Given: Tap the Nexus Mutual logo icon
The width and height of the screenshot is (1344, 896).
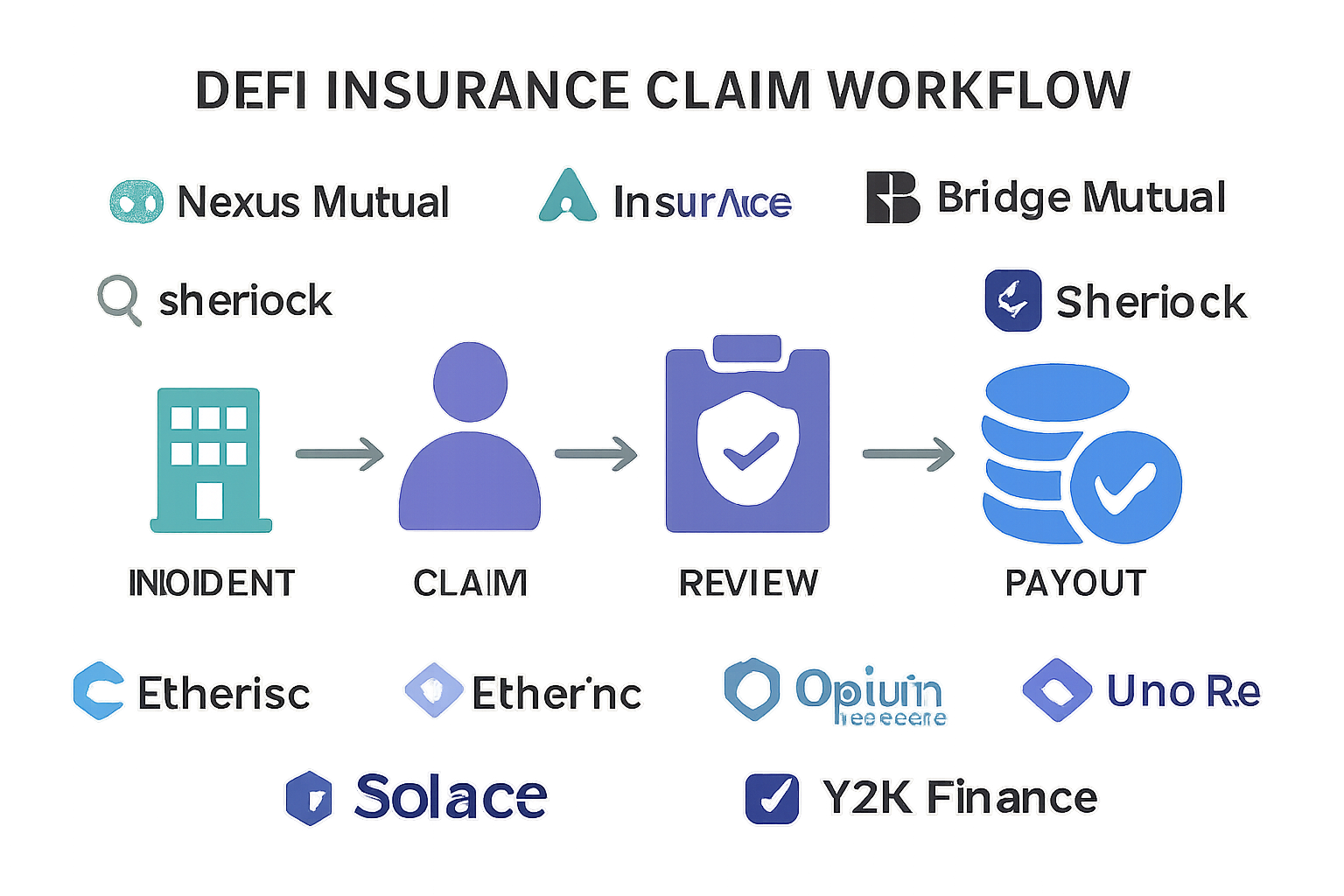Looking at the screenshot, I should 136,200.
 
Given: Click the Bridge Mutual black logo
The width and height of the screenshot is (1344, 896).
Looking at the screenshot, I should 892,198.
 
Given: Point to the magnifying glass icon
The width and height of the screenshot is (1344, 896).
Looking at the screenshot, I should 118,298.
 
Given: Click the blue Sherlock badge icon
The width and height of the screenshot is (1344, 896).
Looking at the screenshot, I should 1012,301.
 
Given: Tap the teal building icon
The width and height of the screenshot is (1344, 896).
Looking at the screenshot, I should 210,460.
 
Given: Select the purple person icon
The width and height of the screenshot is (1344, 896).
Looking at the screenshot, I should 471,437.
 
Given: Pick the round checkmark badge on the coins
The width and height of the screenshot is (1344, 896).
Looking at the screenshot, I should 1126,487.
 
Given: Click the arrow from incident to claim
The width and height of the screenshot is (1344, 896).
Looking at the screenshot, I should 339,454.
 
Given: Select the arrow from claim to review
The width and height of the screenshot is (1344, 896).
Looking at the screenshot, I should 596,454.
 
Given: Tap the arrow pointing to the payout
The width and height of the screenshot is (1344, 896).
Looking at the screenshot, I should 908,454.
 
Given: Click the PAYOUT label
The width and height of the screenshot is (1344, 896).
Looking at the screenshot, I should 1075,583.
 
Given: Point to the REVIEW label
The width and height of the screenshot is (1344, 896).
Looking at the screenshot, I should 749,583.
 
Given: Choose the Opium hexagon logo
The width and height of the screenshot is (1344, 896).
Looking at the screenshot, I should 752,689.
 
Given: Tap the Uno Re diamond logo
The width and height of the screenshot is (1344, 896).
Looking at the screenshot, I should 1057,690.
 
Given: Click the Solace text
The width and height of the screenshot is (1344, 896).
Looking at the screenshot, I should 451,796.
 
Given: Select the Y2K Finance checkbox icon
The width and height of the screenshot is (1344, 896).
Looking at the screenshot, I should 772,798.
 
